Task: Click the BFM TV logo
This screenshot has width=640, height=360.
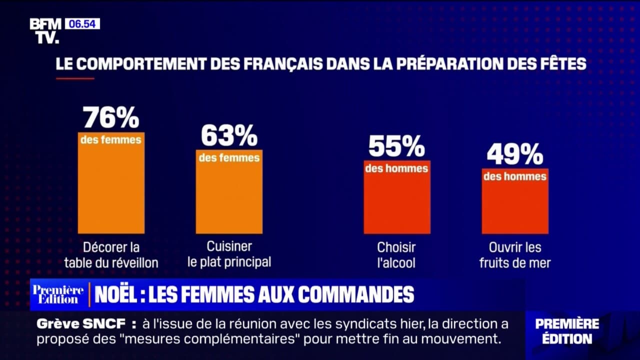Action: [45, 30]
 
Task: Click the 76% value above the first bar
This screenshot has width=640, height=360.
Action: [110, 118]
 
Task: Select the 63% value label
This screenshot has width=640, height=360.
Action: [229, 135]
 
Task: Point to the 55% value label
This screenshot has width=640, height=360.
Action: [396, 146]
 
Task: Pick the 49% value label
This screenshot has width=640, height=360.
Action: [514, 154]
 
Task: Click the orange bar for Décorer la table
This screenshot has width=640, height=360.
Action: [111, 190]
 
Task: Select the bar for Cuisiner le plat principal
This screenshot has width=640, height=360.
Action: [229, 197]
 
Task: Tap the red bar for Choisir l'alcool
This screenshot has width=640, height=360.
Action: [396, 202]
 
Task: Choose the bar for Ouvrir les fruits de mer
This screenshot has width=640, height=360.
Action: [515, 206]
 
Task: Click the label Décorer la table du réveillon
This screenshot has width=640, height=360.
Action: [111, 254]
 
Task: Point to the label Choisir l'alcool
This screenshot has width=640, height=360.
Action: [396, 254]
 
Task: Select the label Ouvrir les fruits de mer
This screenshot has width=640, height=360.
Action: [515, 254]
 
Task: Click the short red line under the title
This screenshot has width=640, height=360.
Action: [74, 78]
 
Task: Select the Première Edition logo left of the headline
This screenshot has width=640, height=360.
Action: [58, 294]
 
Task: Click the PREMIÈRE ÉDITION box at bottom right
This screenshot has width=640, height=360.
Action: [567, 331]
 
